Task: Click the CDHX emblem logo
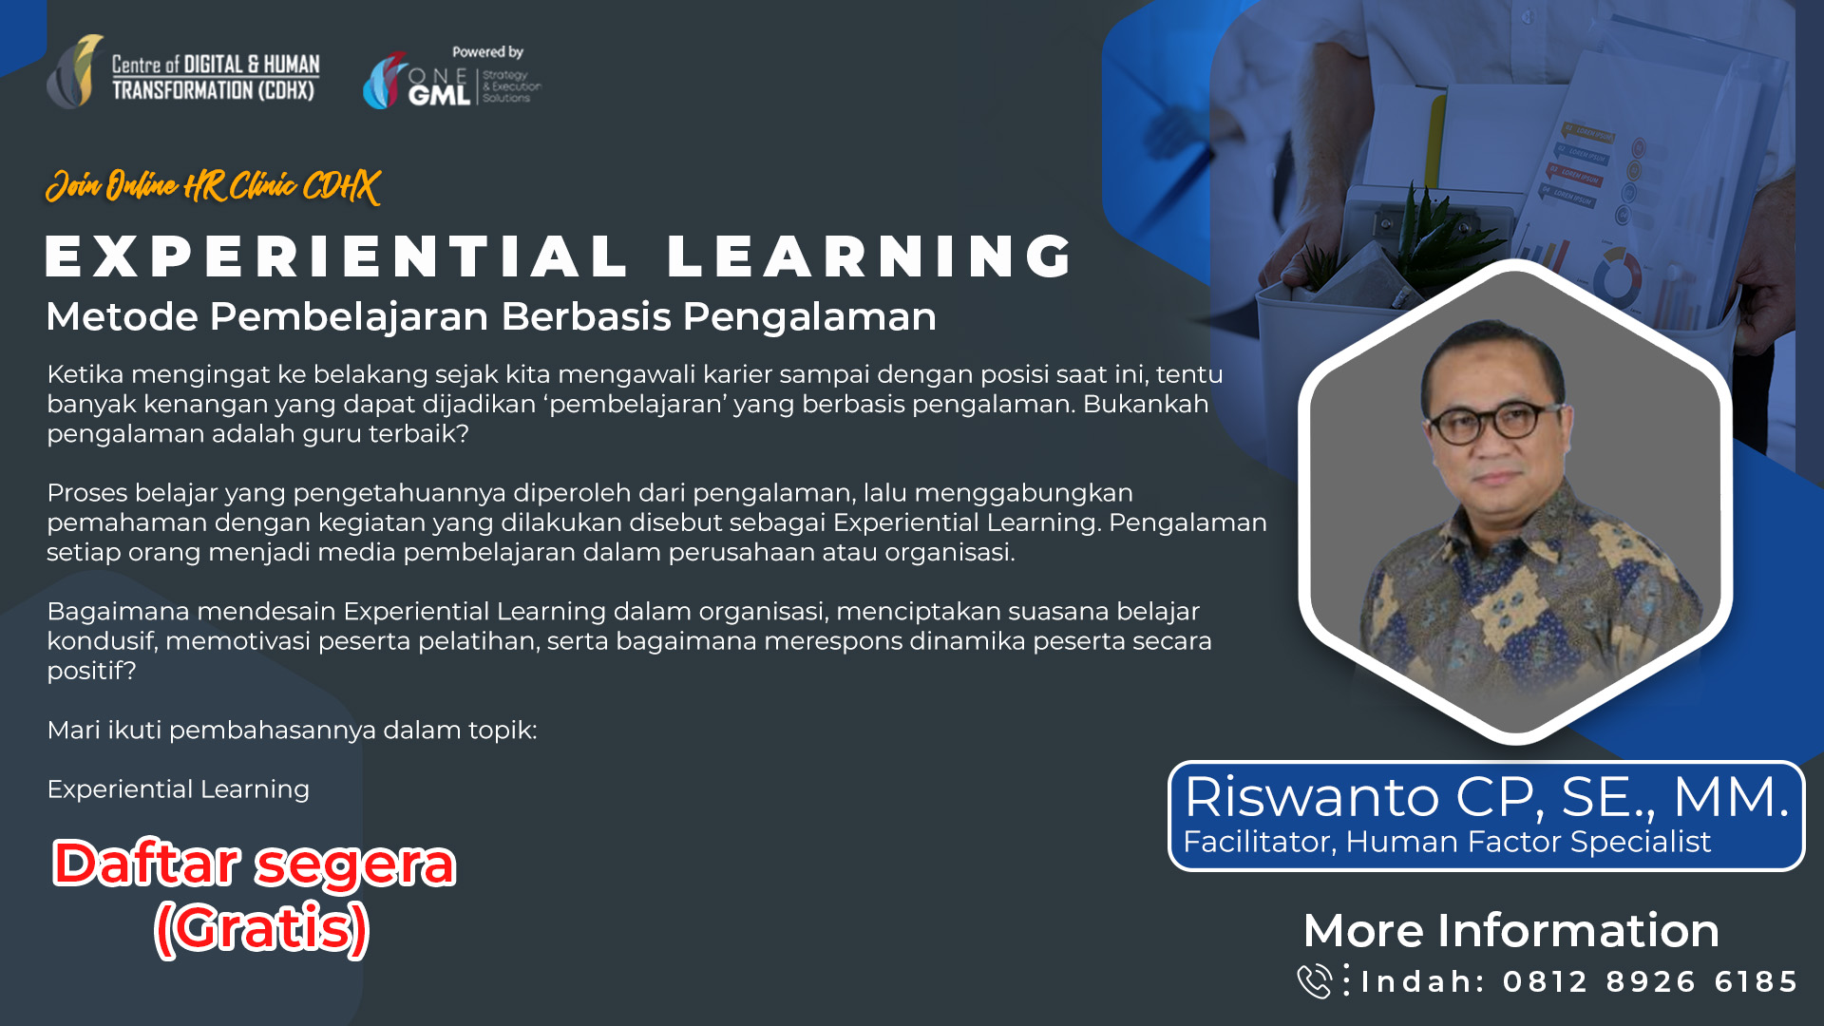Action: [x=75, y=72]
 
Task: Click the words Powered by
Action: [x=487, y=52]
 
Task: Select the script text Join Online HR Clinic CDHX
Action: [x=213, y=186]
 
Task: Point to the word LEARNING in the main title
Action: [x=869, y=256]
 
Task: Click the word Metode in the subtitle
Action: [x=122, y=317]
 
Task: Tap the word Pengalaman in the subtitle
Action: [x=809, y=317]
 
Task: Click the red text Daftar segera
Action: [x=254, y=864]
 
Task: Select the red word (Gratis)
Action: [x=261, y=928]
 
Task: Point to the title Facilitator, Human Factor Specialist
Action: [x=1446, y=842]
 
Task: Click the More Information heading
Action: [x=1510, y=930]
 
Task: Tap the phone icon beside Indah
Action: [x=1315, y=981]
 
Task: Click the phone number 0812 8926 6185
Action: [x=1650, y=981]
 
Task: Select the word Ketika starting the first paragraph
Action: [x=85, y=375]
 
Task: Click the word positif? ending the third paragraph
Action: [x=91, y=672]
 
